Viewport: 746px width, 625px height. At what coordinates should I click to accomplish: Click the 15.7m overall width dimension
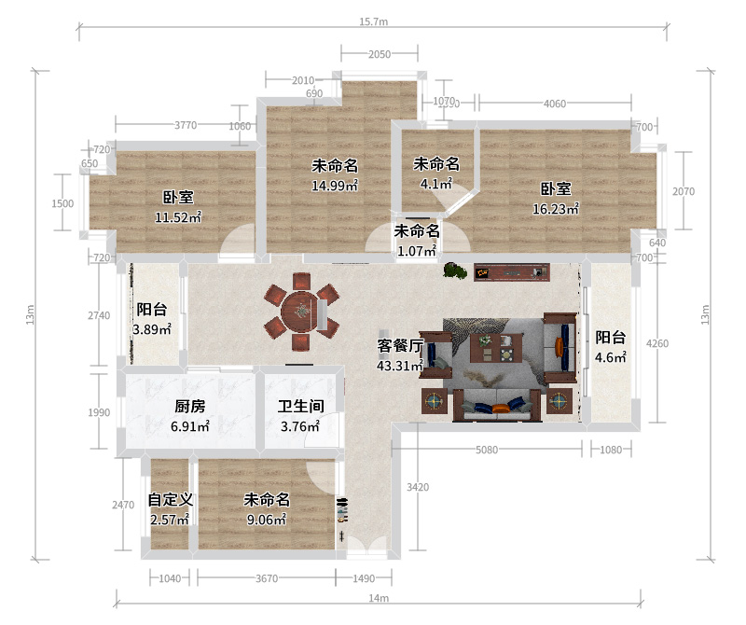click(x=374, y=21)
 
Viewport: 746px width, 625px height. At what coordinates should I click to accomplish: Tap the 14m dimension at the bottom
click(x=379, y=598)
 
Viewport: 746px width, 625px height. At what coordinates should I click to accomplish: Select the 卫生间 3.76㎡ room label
click(x=300, y=416)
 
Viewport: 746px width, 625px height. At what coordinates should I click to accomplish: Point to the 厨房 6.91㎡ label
click(x=190, y=416)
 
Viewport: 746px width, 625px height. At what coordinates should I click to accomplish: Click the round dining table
click(x=299, y=312)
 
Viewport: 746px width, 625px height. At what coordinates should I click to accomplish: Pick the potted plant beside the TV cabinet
click(x=455, y=271)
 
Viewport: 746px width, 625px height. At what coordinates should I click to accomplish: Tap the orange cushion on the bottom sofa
click(x=501, y=408)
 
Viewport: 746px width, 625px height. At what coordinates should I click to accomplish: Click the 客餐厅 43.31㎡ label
click(x=400, y=355)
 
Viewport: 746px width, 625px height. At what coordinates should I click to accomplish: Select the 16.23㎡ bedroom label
click(x=556, y=199)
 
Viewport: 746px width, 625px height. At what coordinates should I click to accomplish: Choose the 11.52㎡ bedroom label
click(x=178, y=207)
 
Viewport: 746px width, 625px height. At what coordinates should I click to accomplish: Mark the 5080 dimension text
click(x=487, y=450)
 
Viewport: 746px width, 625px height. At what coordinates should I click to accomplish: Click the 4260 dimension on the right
click(x=657, y=343)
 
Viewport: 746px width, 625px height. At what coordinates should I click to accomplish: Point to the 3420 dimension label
click(x=418, y=487)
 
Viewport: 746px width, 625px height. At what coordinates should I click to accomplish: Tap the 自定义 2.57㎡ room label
click(x=171, y=509)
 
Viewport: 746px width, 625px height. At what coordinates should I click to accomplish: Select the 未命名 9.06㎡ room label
click(x=267, y=509)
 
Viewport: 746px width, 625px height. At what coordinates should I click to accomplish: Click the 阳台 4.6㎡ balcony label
click(x=611, y=347)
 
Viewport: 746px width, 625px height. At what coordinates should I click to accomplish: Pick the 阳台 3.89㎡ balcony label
click(x=152, y=319)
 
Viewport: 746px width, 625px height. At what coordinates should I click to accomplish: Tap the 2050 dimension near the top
click(x=380, y=54)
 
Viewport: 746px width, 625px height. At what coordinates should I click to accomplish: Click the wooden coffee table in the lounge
click(x=496, y=348)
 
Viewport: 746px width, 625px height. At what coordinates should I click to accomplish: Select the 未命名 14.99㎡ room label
click(x=335, y=175)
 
